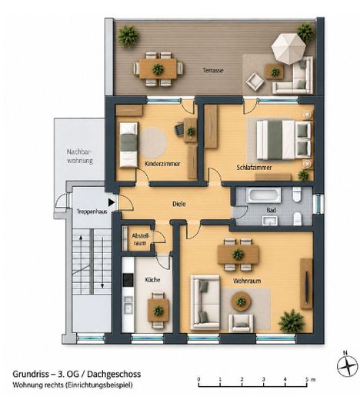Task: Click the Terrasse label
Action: click(x=213, y=70)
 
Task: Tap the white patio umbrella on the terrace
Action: click(x=288, y=48)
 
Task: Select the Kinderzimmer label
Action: click(x=162, y=164)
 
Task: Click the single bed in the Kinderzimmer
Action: click(x=128, y=145)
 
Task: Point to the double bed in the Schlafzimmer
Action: click(x=284, y=139)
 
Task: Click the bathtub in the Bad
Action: click(x=264, y=195)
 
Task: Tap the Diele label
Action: click(x=178, y=204)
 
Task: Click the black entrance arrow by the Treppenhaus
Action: click(x=111, y=202)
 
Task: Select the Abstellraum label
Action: click(x=139, y=239)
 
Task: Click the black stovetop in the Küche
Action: click(x=128, y=280)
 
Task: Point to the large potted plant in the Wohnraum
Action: click(x=292, y=321)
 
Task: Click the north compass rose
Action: click(x=348, y=365)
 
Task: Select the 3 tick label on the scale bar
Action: click(x=264, y=379)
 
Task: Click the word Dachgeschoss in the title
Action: click(x=114, y=374)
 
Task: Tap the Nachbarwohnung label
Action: click(x=79, y=156)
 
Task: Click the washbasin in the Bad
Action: click(x=270, y=220)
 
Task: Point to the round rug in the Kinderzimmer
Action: click(x=153, y=142)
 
